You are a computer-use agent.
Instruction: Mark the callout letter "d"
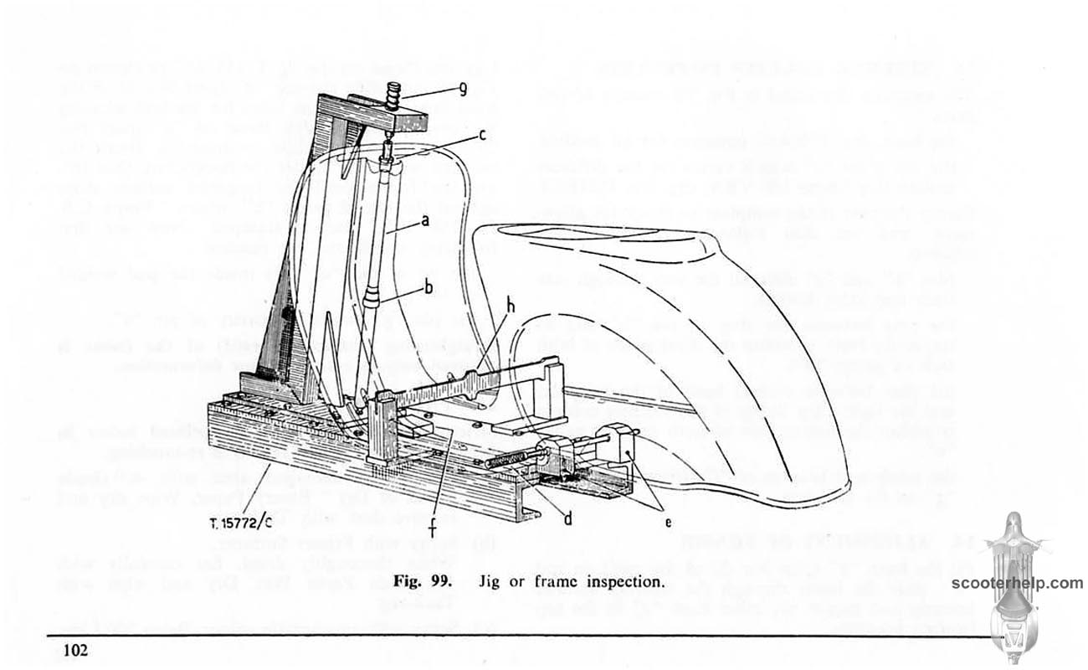(567, 519)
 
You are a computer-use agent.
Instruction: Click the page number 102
(76, 649)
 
